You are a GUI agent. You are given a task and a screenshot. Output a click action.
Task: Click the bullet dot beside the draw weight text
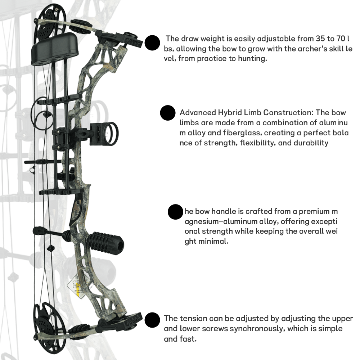click(152, 43)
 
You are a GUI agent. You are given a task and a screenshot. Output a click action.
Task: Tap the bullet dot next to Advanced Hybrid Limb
click(168, 113)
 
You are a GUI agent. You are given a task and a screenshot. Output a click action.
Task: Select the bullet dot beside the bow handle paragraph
click(175, 212)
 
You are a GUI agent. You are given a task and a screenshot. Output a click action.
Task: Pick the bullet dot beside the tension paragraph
click(152, 320)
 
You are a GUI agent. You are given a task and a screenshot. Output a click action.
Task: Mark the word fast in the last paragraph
click(189, 339)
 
